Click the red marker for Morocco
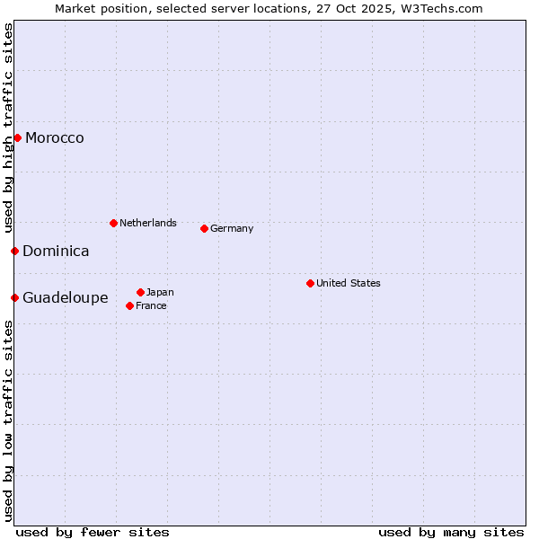[x=17, y=137]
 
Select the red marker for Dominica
[x=14, y=251]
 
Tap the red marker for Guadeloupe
[x=14, y=297]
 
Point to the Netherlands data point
[x=113, y=223]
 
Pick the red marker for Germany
[x=204, y=228]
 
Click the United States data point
[x=310, y=283]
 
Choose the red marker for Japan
[x=140, y=292]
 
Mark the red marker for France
[x=129, y=305]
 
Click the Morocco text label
[x=55, y=137]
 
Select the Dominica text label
[x=56, y=251]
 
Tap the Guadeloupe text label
[x=66, y=297]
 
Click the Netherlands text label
[x=148, y=223]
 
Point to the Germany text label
[x=232, y=228]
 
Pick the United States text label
[x=349, y=283]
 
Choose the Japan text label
[x=160, y=292]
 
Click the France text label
[x=151, y=305]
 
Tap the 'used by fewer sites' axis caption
[x=93, y=532]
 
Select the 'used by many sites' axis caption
[x=451, y=532]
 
